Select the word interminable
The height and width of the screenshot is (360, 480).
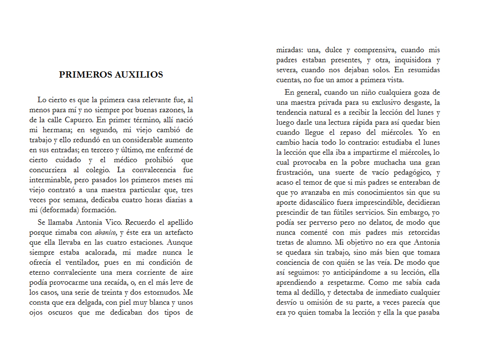click(52, 180)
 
